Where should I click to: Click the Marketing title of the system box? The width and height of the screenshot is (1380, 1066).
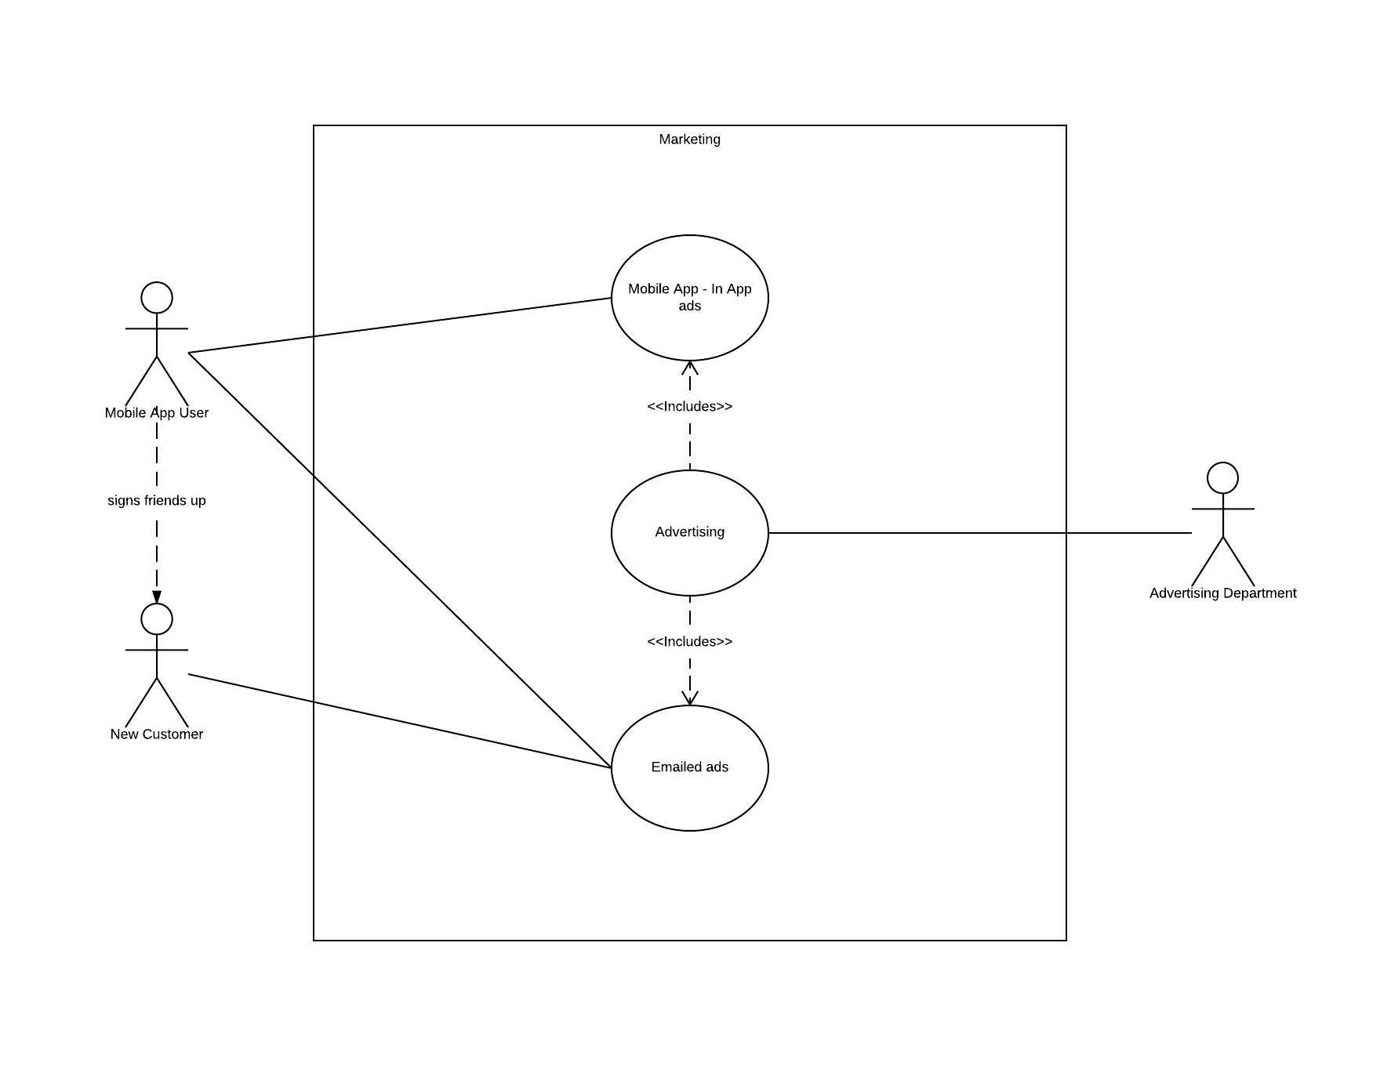[689, 140]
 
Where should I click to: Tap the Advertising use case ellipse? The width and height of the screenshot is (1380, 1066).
[689, 557]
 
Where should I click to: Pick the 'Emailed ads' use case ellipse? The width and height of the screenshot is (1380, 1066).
[689, 792]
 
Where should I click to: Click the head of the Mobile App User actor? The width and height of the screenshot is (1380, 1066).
[157, 298]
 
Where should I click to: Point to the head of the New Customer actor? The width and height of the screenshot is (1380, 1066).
[157, 619]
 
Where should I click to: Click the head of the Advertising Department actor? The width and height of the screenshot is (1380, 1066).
[1222, 478]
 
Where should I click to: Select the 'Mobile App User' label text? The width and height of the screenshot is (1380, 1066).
[157, 413]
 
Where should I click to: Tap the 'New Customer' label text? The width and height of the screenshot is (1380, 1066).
[157, 734]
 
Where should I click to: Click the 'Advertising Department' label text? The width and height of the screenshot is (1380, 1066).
[1222, 593]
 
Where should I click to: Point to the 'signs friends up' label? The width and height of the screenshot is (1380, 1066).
[157, 500]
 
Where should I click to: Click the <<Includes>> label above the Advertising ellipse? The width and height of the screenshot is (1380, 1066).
[689, 406]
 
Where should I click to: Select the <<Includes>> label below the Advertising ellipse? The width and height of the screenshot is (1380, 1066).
[689, 641]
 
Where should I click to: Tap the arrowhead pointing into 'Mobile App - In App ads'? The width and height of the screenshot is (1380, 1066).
[689, 367]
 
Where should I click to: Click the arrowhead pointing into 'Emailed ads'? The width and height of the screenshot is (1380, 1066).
[689, 698]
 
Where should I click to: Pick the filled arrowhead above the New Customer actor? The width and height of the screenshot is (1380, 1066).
[157, 597]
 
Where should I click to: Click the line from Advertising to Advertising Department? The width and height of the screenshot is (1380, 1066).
[980, 533]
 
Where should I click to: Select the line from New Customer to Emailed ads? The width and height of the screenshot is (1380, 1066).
[400, 721]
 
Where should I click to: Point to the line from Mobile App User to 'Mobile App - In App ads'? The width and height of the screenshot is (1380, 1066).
[400, 325]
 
